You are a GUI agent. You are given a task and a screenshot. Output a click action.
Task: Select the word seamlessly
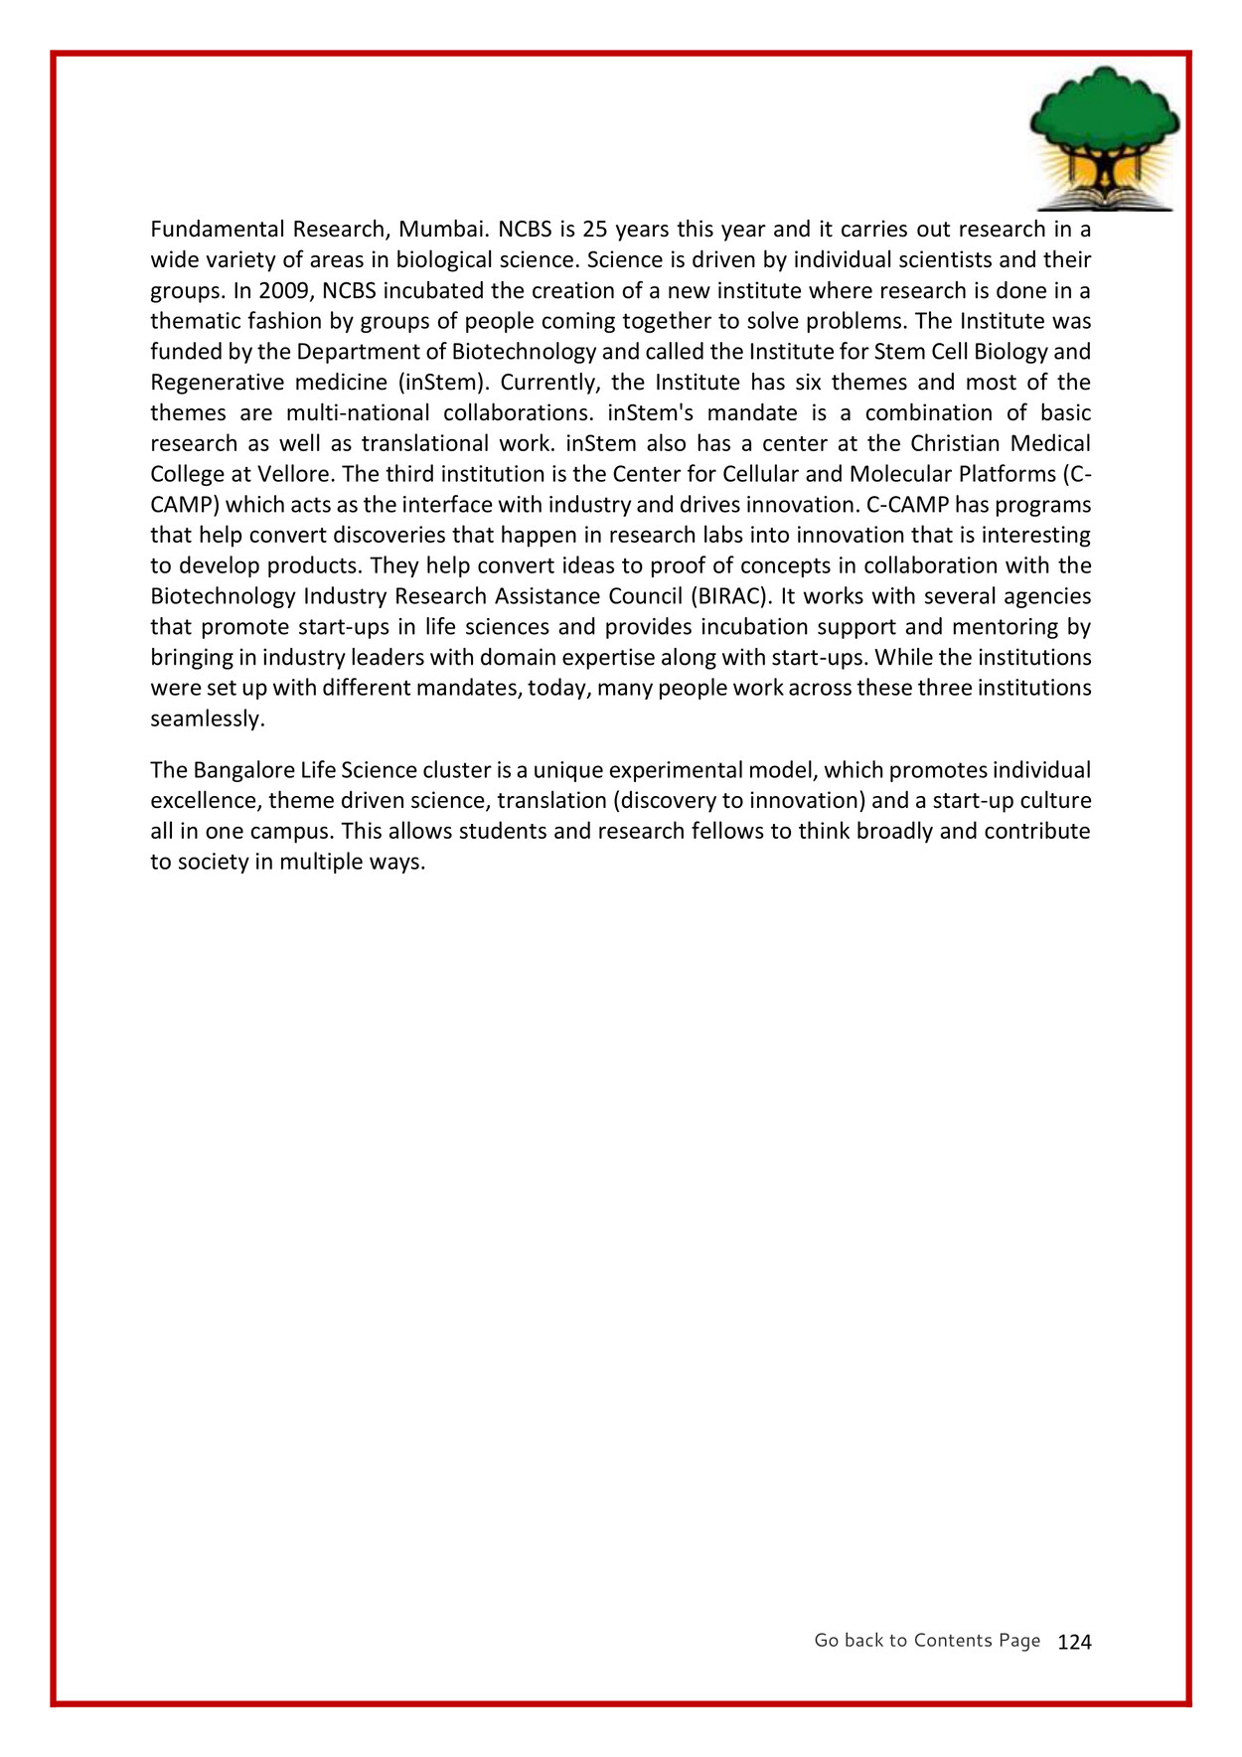[x=207, y=719]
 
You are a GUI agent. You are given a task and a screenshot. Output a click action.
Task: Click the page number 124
[x=1074, y=1642]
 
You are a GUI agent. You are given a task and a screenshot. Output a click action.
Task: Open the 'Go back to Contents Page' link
[x=927, y=1641]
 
